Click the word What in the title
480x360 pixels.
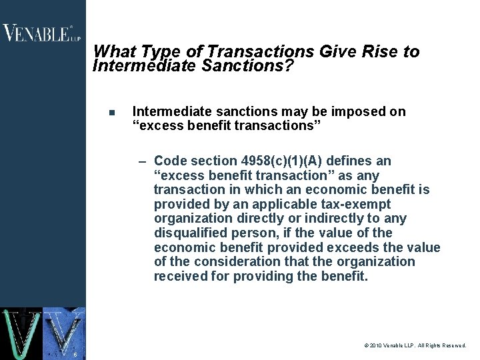click(x=115, y=52)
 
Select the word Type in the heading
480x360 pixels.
click(x=157, y=52)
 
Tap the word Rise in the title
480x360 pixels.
click(x=380, y=52)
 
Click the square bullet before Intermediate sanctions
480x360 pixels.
click(x=111, y=112)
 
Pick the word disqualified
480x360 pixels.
click(x=187, y=233)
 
